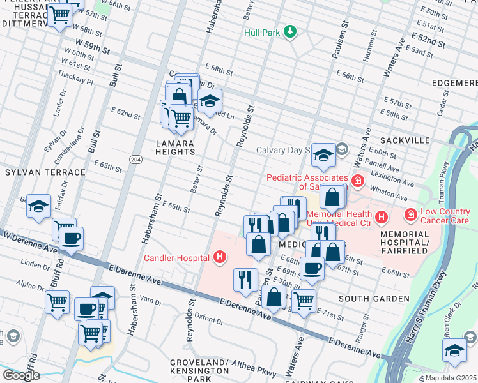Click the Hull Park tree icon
(290, 31)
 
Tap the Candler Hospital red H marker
(220, 258)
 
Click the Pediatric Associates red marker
(357, 181)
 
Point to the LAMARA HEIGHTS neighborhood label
(175, 147)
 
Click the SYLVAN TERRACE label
(45, 172)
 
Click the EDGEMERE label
(454, 83)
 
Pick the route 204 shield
(135, 159)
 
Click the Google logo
(20, 375)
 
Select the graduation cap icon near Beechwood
(38, 206)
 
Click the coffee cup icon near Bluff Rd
(71, 239)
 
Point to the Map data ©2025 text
(451, 377)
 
